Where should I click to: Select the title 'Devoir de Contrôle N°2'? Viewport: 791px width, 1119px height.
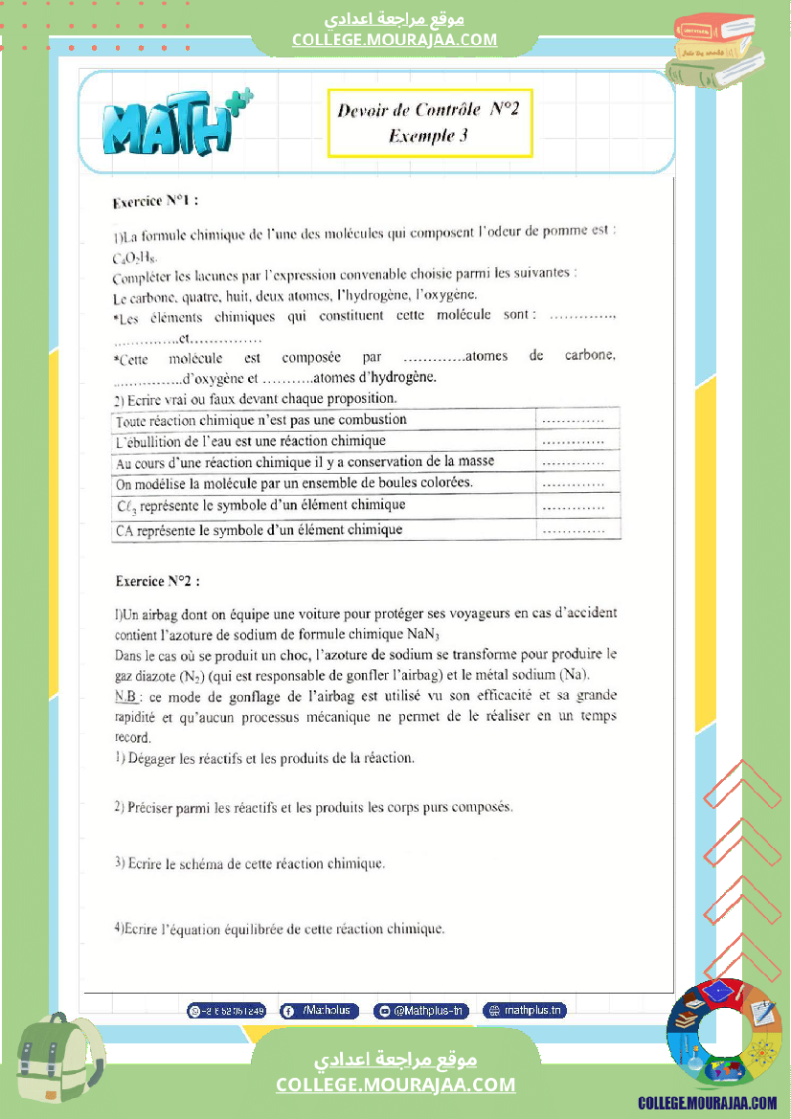pyautogui.click(x=428, y=109)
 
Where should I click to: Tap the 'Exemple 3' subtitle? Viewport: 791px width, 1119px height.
pyautogui.click(x=428, y=136)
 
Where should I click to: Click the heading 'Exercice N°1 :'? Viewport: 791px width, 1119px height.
pyautogui.click(x=155, y=202)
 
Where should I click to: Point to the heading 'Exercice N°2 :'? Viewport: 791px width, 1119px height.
pyautogui.click(x=158, y=580)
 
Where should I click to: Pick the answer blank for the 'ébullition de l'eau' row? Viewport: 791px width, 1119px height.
pyautogui.click(x=573, y=441)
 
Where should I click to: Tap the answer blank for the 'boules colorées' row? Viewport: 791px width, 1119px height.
pyautogui.click(x=573, y=484)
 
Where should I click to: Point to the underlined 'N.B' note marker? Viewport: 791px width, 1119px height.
pyautogui.click(x=126, y=696)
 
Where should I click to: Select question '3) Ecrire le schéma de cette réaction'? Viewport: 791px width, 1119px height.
pyautogui.click(x=250, y=863)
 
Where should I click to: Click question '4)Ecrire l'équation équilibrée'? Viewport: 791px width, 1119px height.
pyautogui.click(x=280, y=928)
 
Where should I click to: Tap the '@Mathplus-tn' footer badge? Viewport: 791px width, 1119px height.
pyautogui.click(x=421, y=1010)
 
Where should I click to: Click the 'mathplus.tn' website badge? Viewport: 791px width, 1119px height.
pyautogui.click(x=525, y=1010)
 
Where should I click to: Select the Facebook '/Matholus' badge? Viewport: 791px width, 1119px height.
pyautogui.click(x=320, y=1010)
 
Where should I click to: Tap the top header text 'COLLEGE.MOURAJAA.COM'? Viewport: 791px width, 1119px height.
pyautogui.click(x=395, y=39)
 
